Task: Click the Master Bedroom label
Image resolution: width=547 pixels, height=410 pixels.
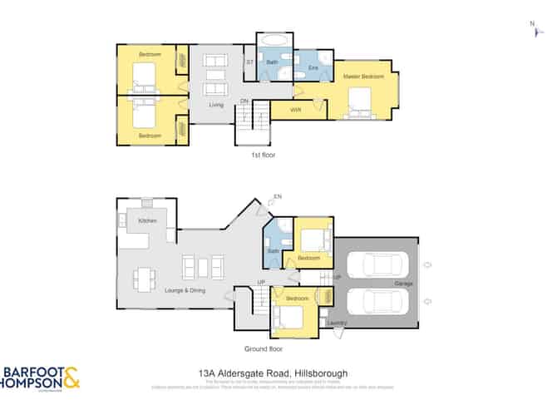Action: click(363, 76)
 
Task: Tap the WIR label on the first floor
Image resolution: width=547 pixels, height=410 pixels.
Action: click(296, 109)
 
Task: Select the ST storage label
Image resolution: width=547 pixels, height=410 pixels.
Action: click(249, 62)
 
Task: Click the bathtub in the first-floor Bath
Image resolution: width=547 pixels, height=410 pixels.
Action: click(273, 41)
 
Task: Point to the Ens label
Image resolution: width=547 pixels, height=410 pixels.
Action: click(313, 67)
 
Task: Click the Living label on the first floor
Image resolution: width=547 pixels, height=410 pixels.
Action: click(216, 104)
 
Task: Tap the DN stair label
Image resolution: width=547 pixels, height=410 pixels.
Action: click(244, 101)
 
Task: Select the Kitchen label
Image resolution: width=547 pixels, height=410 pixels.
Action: click(148, 220)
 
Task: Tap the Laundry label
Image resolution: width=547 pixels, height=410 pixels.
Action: click(338, 322)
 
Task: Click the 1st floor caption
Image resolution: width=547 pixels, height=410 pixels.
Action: click(262, 155)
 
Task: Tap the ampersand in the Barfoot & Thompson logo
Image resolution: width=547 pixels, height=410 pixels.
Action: click(72, 378)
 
